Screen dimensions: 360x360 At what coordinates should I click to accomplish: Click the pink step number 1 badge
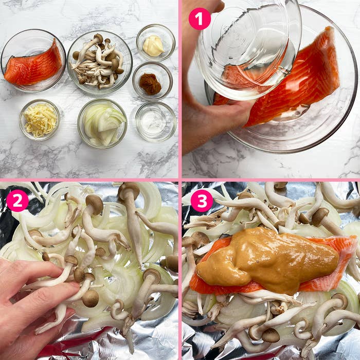click(x=200, y=19)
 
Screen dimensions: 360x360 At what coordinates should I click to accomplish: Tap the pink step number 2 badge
click(x=17, y=201)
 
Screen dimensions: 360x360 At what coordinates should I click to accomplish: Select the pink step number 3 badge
click(x=202, y=201)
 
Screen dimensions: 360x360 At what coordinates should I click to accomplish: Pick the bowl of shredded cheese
click(x=40, y=120)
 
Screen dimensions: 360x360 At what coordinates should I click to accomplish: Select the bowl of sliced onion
click(x=102, y=124)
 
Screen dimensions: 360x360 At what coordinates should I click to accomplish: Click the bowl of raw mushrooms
click(x=99, y=62)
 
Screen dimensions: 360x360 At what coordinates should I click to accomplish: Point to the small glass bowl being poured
click(x=247, y=46)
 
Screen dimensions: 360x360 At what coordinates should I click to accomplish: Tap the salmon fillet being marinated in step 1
click(x=303, y=77)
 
